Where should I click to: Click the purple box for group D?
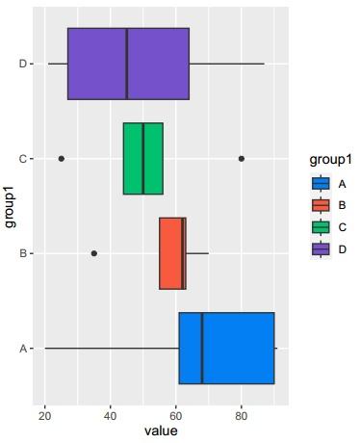pos(96,64)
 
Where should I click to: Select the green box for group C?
pos(143,158)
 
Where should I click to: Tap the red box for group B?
pos(170,253)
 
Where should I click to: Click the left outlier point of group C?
pos(62,158)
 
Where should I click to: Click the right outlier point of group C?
pos(242,158)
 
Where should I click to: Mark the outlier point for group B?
pos(94,253)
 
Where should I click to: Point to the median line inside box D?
pos(127,64)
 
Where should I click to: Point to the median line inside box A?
pos(202,348)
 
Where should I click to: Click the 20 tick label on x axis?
pos(44,415)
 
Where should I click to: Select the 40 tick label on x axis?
pos(110,415)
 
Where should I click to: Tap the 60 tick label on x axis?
pos(176,415)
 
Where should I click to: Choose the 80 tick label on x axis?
pos(242,415)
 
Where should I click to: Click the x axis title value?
pos(161,431)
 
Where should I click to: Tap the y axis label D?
pos(22,64)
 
